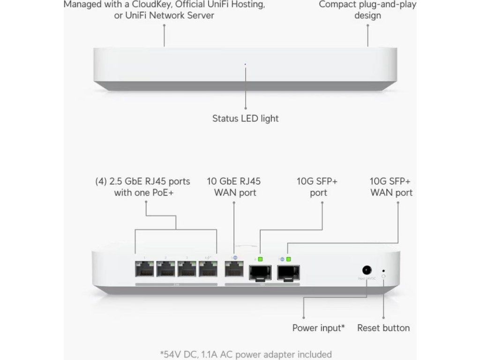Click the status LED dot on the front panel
[245, 64]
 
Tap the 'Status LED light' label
[245, 119]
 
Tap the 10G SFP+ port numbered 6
[259, 271]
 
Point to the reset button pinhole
[384, 270]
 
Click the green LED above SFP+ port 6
[260, 259]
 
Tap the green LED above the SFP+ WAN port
[289, 259]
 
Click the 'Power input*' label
[318, 328]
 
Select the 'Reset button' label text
[383, 328]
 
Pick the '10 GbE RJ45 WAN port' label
[234, 187]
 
